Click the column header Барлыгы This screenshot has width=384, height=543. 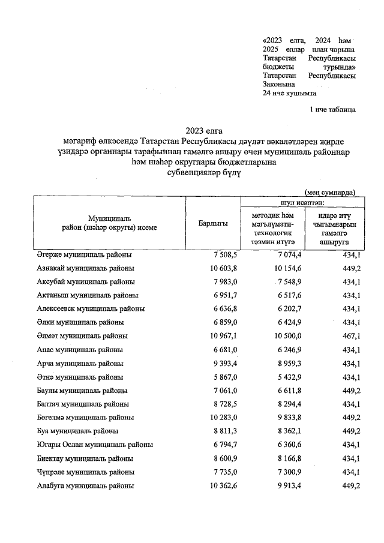[x=212, y=223]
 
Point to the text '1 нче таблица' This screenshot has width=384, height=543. [x=332, y=110]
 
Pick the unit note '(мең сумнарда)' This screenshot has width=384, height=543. [x=329, y=192]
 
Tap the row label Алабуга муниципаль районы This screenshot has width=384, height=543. [x=82, y=485]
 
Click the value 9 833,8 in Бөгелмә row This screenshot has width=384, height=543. [x=281, y=417]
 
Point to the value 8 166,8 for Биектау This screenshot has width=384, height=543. [x=281, y=458]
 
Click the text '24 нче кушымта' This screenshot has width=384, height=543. [x=290, y=94]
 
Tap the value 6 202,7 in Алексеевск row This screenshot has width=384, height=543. [x=281, y=309]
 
